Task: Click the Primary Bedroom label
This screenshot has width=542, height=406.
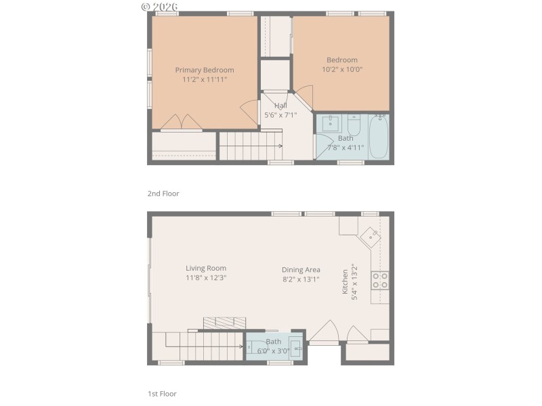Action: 204,70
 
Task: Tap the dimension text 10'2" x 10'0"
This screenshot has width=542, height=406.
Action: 342,69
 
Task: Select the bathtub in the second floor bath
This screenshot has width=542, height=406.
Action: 378,136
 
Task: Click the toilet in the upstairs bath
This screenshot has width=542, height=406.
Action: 354,125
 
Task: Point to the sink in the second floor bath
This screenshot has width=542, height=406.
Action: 331,124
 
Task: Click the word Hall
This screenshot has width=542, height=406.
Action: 280,106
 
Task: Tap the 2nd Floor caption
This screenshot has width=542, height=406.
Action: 163,194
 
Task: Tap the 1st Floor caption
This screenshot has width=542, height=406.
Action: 163,393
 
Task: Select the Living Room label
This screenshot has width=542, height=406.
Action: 206,268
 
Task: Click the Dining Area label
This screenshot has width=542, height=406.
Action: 301,269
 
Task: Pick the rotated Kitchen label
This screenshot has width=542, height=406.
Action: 345,281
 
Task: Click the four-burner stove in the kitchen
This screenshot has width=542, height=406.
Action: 379,280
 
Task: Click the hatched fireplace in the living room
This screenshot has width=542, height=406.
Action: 223,323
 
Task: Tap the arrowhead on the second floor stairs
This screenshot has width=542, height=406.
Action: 280,145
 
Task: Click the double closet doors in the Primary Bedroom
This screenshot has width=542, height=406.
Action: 181,121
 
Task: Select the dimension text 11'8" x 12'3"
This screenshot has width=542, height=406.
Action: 206,278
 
